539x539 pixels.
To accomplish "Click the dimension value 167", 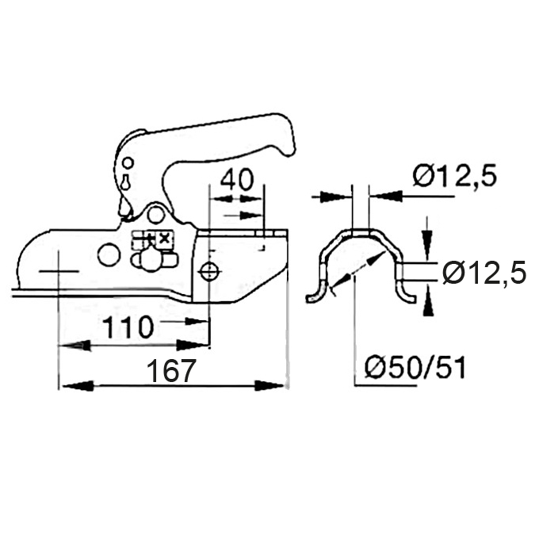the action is click(x=171, y=371).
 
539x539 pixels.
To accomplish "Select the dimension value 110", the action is click(x=128, y=327).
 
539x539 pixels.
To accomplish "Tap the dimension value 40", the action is click(x=237, y=179).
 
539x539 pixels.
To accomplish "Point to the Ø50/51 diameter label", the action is click(x=415, y=368).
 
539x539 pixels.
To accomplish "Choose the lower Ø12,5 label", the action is click(x=484, y=273).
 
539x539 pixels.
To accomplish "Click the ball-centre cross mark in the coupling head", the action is click(x=59, y=272).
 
